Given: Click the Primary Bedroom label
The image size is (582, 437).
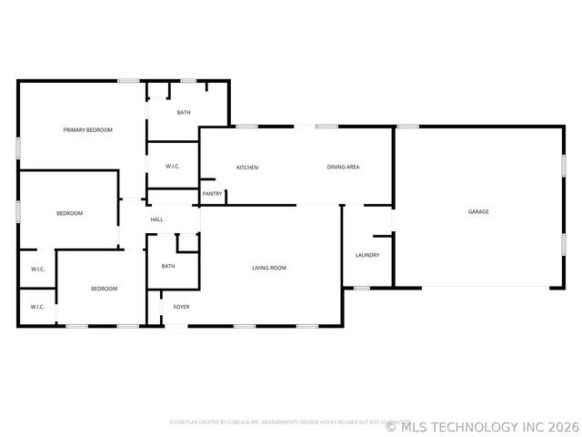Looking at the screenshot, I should click(x=87, y=130).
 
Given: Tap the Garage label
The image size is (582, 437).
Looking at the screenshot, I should click(x=478, y=211).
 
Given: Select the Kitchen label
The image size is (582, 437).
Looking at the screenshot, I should click(x=247, y=168).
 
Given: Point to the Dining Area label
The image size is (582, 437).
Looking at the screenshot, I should click(x=344, y=168).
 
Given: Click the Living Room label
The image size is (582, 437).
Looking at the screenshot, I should click(x=269, y=268).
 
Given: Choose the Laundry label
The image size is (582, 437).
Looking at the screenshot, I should click(x=367, y=255).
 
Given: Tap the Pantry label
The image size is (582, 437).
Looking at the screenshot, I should click(x=212, y=193).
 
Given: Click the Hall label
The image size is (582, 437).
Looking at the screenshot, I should click(x=156, y=219).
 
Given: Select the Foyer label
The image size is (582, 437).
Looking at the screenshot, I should click(x=182, y=307).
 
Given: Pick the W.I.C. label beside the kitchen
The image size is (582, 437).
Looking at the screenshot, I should click(x=173, y=167).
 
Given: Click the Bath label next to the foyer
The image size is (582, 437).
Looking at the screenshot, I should click(x=168, y=266).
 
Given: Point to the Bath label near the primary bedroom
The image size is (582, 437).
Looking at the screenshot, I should click(x=184, y=113).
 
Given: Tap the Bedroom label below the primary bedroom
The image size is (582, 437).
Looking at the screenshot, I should click(x=69, y=213).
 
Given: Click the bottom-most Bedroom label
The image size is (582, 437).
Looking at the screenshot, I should click(x=104, y=289).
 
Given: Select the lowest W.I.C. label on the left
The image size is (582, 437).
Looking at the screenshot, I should click(x=37, y=307).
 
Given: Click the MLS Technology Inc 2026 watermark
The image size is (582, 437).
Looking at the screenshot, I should click(x=482, y=425).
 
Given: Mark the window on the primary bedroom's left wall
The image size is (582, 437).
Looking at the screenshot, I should click(x=18, y=147).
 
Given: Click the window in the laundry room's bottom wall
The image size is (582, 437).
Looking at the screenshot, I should click(x=362, y=289).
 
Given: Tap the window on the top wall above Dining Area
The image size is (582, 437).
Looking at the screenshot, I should click(x=327, y=127).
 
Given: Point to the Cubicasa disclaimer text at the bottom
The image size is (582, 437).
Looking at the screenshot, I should click(x=284, y=422).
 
